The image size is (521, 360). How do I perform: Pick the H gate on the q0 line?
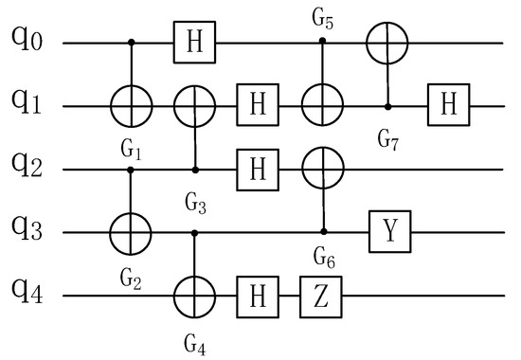195,43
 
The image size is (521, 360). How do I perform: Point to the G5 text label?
324,16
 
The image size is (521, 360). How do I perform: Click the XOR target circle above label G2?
131,232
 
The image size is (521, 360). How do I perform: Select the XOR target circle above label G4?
195,297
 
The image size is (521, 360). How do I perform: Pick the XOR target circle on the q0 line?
388,43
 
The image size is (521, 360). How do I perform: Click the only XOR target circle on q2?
324,171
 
